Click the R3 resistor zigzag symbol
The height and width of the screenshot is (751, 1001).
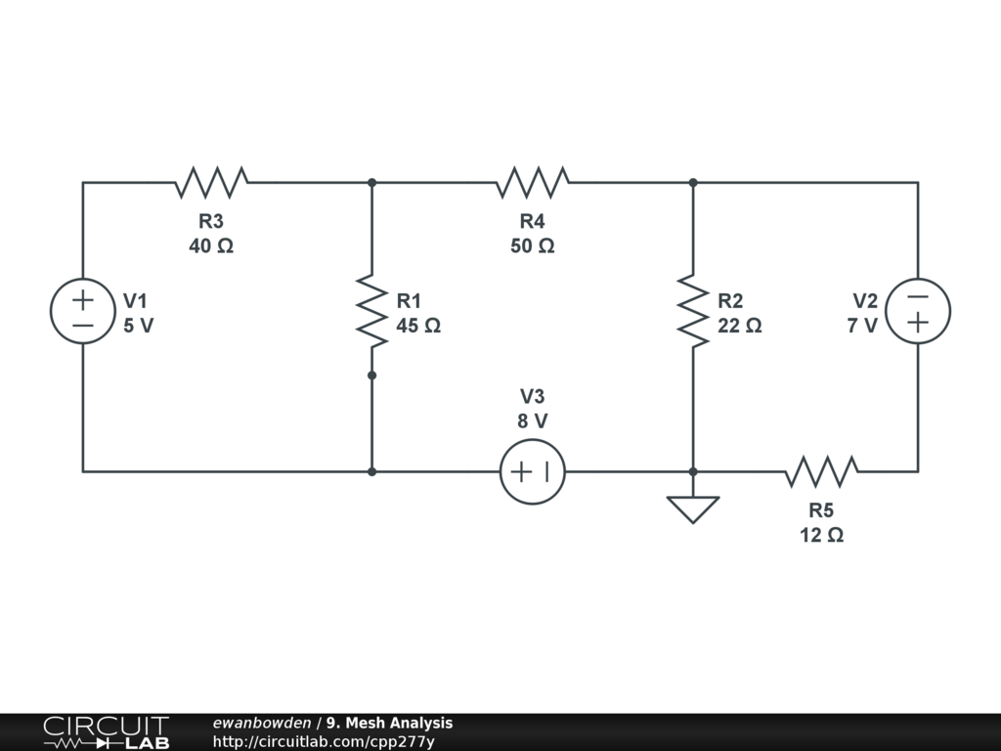click(211, 183)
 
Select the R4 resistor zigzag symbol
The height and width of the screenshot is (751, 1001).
click(533, 183)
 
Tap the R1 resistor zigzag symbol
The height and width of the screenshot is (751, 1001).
click(372, 311)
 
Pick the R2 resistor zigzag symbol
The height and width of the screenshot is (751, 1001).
click(693, 311)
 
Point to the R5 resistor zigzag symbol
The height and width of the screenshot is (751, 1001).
click(821, 472)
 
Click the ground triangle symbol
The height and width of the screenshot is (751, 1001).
click(693, 509)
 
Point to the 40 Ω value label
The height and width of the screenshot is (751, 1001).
click(211, 245)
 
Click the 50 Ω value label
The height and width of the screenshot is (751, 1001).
click(533, 245)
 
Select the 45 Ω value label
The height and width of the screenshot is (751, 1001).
click(418, 326)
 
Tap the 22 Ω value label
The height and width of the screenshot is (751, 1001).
click(739, 326)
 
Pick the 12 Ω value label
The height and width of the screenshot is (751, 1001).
click(821, 535)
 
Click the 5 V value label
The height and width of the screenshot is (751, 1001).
click(139, 326)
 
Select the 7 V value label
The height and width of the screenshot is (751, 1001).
click(862, 326)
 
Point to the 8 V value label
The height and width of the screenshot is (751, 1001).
click(533, 421)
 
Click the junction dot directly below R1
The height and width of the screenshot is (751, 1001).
click(372, 375)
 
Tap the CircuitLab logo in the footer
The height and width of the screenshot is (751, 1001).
click(107, 732)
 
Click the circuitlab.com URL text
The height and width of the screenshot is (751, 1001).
click(324, 742)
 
